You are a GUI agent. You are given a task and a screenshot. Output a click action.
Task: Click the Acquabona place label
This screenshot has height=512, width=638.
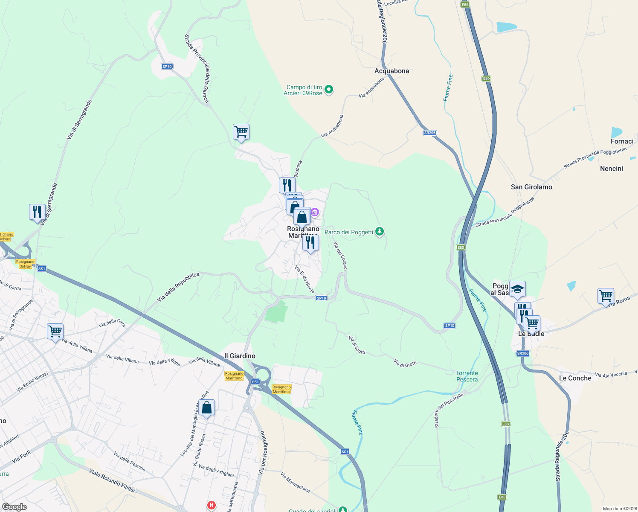[x=391, y=71]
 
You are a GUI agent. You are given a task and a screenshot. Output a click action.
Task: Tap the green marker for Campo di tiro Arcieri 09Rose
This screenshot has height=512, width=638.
[x=329, y=90]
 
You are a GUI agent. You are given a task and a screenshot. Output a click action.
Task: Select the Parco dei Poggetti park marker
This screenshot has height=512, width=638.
[x=379, y=232]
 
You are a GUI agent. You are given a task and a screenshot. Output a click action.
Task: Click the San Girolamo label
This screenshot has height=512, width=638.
[x=531, y=187]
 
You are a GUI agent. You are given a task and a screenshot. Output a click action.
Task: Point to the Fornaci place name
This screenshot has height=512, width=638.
[x=622, y=141]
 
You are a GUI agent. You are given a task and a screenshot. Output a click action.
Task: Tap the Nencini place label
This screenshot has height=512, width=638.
[x=611, y=169]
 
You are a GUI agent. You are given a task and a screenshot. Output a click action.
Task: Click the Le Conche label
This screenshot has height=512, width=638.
[x=575, y=378]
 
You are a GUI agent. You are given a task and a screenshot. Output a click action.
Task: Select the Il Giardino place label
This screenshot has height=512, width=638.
[x=240, y=356]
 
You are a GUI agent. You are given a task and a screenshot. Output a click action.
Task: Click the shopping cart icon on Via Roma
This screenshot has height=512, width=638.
[x=606, y=295]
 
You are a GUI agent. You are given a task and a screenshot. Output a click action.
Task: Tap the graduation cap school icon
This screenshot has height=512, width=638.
[x=517, y=289]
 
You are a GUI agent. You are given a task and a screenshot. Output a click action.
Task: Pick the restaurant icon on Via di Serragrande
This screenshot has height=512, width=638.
[x=37, y=212]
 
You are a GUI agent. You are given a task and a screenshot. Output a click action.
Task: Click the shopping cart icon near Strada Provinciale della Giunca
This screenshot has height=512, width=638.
[x=241, y=131]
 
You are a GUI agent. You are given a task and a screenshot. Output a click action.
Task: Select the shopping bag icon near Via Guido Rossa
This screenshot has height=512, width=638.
[x=206, y=407]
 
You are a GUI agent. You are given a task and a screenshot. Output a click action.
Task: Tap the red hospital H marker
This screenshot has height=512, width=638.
[x=211, y=506]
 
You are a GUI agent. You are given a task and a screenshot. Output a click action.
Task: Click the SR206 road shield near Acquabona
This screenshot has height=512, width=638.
[x=429, y=133]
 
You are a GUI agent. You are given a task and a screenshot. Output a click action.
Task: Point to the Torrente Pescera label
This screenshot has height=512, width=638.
[x=467, y=376]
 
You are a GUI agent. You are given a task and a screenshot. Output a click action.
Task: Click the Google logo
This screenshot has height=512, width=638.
[x=14, y=507]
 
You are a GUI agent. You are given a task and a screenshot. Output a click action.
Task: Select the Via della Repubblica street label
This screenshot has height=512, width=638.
[x=178, y=287]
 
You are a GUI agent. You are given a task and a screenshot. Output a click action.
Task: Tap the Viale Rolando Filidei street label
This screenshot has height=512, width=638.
[x=112, y=480]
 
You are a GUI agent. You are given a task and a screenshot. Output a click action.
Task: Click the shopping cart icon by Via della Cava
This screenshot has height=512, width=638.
[x=55, y=331]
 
